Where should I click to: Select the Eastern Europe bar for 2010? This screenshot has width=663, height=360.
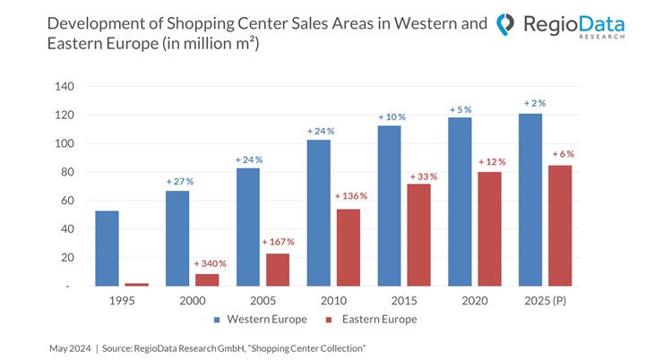[x=348, y=248]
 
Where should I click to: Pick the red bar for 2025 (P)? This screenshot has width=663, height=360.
[x=559, y=226]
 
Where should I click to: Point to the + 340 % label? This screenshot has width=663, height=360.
[x=211, y=263]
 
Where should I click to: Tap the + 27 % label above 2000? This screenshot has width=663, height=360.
[x=179, y=181]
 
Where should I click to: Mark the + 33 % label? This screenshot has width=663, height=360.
[x=423, y=176]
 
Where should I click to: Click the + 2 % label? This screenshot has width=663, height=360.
[x=534, y=104]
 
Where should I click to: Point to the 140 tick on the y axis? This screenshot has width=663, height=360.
[x=64, y=87]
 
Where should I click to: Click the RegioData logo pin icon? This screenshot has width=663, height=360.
[x=506, y=25]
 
